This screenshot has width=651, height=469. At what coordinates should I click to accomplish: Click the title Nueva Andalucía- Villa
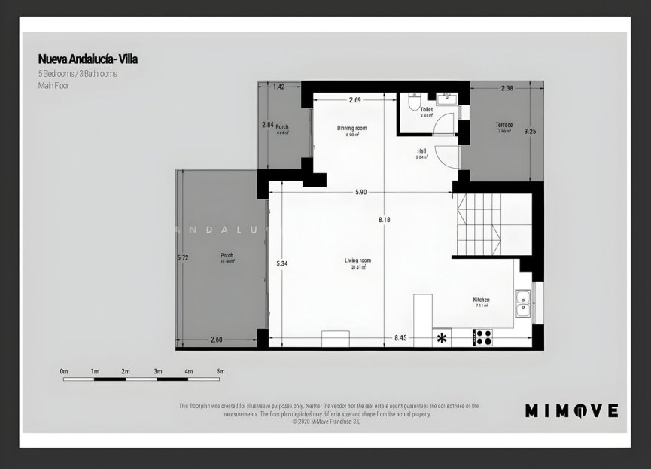88,59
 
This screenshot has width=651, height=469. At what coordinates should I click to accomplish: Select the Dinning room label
351,128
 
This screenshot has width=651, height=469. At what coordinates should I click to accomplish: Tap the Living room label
357,260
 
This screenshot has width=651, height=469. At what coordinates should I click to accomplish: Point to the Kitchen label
482,299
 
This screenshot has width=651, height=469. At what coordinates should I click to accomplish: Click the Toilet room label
426,110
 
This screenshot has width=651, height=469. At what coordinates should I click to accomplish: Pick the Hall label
421,151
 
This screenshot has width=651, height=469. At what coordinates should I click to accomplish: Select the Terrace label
503,124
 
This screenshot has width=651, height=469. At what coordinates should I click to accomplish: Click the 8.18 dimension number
385,220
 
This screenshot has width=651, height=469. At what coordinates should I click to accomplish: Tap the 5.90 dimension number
360,193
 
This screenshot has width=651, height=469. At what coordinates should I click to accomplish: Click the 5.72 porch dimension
181,257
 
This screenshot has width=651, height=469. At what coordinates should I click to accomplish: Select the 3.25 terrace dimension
530,131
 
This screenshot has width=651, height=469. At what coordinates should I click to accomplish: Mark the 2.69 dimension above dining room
355,100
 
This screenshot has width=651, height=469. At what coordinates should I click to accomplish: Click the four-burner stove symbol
482,338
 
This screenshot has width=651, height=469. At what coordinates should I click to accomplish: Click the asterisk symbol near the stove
442,338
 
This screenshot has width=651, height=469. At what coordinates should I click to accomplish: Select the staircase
479,224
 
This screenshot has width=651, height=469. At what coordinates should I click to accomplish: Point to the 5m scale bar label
221,371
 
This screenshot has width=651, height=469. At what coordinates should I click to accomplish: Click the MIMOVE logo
571,410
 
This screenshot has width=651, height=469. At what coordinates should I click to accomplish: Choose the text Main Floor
54,87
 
